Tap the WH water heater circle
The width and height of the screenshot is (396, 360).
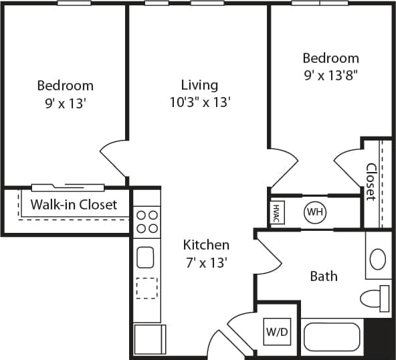314,213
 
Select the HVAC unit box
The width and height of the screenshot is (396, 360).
275,213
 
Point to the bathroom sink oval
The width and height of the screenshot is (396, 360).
378,258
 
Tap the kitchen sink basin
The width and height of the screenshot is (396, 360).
146,257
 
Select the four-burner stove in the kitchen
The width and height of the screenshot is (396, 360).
146,222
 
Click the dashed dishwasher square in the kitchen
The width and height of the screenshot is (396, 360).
146,288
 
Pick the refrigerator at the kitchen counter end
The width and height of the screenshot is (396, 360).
148,339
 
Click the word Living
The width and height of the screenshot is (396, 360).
199,85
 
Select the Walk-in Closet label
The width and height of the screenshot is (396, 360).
74,205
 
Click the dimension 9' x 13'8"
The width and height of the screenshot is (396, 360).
330,75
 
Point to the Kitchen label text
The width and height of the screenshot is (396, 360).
206,245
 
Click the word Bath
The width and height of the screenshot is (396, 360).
324,276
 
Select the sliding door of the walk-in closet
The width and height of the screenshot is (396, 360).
68,187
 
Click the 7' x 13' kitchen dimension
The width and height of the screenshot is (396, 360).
206,262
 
